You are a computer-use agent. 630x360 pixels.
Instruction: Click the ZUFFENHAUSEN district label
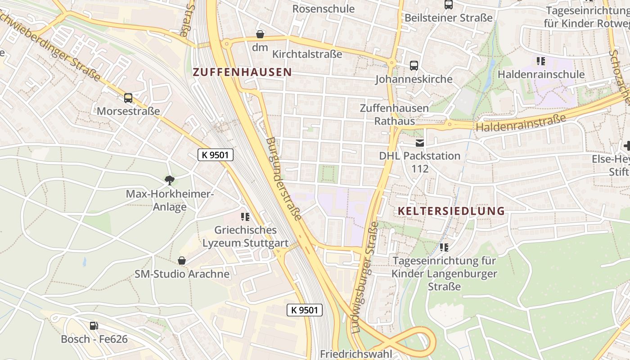pos(242,72)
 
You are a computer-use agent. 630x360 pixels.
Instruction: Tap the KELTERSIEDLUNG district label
pos(451,211)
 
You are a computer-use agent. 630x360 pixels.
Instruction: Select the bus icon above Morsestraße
pos(128,98)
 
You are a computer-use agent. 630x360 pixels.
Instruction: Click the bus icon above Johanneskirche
pos(414,66)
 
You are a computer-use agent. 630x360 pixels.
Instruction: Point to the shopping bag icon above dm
pos(260,34)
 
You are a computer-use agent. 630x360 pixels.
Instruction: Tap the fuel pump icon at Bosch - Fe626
pos(94,326)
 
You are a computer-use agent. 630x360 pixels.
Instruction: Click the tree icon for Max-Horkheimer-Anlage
pos(169,181)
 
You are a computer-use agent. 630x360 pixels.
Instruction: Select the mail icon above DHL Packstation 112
pos(419,143)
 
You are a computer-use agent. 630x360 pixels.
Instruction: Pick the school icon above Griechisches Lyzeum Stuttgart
pos(245,217)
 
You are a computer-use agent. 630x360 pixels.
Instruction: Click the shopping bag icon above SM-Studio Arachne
pos(182,261)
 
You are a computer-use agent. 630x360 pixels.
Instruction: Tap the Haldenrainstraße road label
pos(521,123)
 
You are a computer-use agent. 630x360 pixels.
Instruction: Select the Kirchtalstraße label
pos(307,54)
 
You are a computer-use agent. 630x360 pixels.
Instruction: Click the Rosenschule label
pos(324,9)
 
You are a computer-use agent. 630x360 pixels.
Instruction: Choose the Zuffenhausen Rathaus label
pos(395,115)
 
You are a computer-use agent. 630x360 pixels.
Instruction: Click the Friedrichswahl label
pos(356,354)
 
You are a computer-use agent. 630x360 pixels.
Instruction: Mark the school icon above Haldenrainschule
pos(541,61)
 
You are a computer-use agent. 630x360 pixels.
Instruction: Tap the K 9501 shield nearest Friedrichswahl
pos(305,310)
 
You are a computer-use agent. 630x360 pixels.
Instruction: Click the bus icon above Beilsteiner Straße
pos(449,5)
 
